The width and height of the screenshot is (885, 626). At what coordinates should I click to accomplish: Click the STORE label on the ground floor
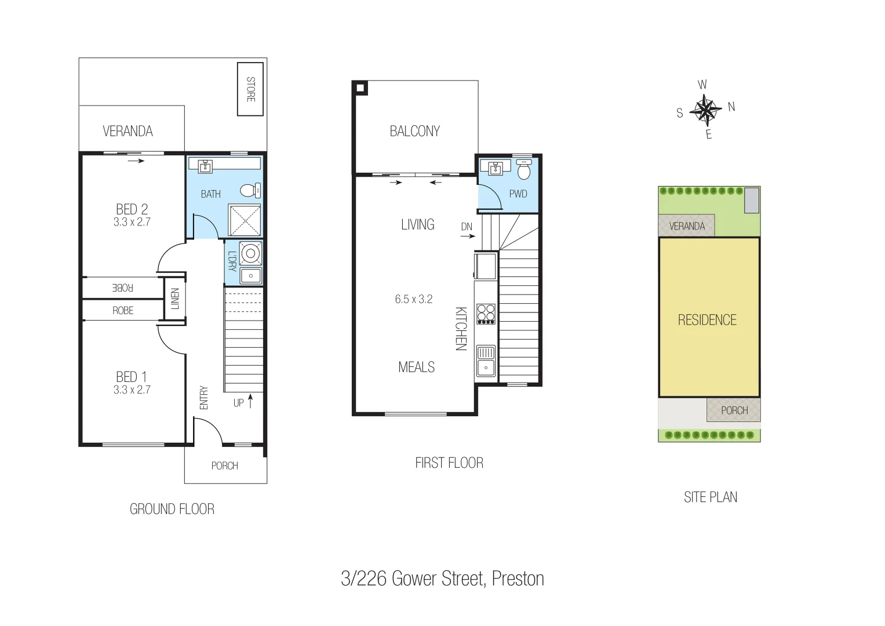tap(251, 89)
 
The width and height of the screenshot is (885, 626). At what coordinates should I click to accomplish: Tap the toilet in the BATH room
tap(250, 191)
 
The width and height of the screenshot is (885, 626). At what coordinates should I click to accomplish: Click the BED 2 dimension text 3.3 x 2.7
tap(132, 222)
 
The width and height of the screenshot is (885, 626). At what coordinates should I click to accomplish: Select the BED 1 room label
tap(132, 377)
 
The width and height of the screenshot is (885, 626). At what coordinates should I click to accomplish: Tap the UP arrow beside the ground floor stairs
tap(250, 401)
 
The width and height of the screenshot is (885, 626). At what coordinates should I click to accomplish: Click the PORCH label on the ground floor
tap(225, 465)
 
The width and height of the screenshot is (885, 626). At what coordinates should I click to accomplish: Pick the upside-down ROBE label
tap(123, 287)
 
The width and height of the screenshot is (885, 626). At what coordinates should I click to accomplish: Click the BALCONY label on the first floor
tap(414, 131)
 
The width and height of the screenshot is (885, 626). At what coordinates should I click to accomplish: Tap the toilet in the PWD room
tap(523, 170)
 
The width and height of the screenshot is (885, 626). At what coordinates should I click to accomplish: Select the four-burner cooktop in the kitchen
tap(486, 314)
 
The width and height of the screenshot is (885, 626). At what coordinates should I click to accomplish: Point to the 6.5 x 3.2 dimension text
tap(414, 299)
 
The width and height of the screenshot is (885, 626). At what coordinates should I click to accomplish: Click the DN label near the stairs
tap(467, 227)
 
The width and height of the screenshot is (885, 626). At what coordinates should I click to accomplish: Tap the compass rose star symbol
tap(706, 110)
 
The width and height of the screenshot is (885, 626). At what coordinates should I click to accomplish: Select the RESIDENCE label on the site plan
tap(707, 320)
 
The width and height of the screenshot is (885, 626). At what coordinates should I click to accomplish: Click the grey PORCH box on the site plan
tap(734, 410)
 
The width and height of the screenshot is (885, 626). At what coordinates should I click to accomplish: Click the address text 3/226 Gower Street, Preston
tap(442, 578)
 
